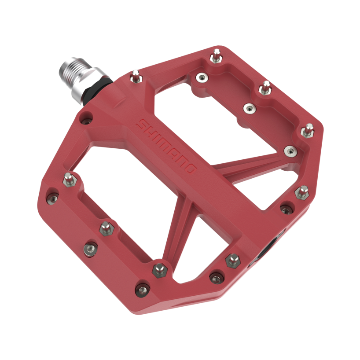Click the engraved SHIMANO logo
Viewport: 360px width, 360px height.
(166, 146)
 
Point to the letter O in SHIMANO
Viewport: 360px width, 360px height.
(191, 168)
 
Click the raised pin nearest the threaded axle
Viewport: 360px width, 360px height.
(136, 77)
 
